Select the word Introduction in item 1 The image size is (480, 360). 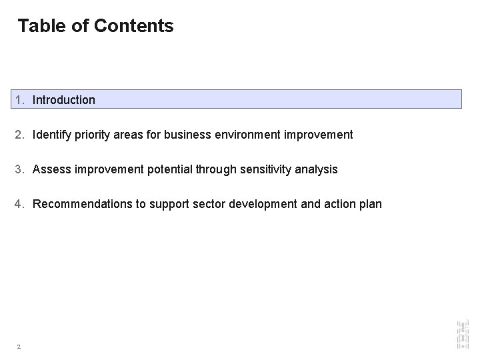pyautogui.click(x=64, y=100)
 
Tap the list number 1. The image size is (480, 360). pyautogui.click(x=20, y=100)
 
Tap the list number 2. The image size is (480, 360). pyautogui.click(x=20, y=135)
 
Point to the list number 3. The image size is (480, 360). pyautogui.click(x=20, y=169)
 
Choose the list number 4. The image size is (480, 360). pyautogui.click(x=20, y=204)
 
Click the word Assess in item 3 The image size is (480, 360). pyautogui.click(x=51, y=169)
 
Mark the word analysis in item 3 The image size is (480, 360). pyautogui.click(x=317, y=169)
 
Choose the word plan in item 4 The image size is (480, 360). pyautogui.click(x=371, y=204)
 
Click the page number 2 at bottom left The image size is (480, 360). pyautogui.click(x=19, y=346)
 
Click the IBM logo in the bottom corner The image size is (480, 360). pyautogui.click(x=462, y=333)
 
